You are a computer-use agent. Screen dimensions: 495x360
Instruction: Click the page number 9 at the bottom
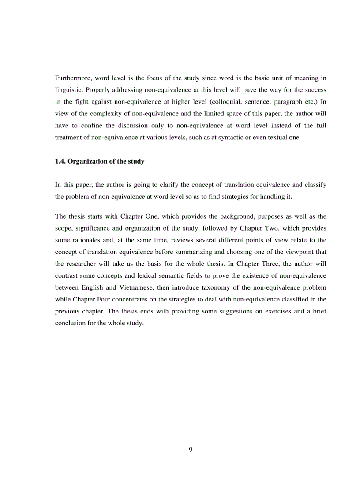click(x=191, y=450)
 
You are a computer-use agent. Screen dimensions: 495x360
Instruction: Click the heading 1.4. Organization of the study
click(x=99, y=161)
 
